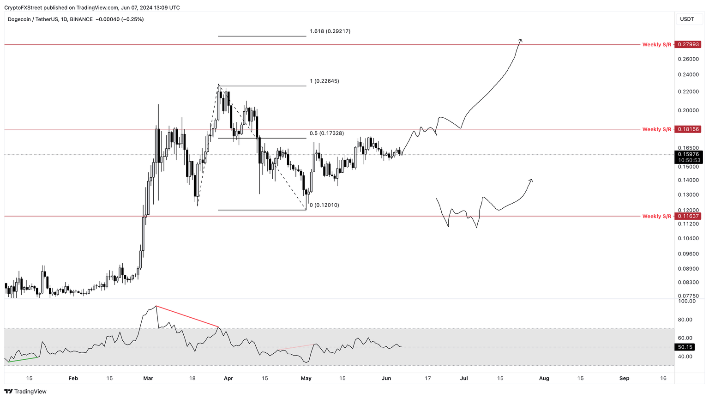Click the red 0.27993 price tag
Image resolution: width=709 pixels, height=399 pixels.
click(688, 44)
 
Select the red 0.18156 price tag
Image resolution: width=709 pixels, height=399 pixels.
click(688, 129)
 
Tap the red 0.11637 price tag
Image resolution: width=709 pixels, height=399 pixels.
click(688, 216)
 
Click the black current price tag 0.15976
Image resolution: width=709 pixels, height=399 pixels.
click(689, 154)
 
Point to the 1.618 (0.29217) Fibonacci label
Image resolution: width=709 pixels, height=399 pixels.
click(330, 31)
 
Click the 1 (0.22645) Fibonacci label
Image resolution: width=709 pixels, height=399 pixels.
click(324, 81)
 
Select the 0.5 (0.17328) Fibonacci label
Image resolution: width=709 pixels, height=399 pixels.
click(326, 133)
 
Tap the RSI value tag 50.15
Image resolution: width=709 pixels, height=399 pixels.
click(685, 347)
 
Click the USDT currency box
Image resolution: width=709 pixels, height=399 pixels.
click(687, 19)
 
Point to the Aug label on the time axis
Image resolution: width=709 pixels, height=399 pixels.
click(544, 378)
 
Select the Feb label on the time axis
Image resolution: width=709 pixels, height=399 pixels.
click(73, 378)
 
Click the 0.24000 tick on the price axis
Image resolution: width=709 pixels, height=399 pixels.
click(688, 74)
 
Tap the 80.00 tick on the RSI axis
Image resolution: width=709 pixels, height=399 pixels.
click(685, 320)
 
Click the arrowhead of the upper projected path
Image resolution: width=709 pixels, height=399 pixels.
click(521, 40)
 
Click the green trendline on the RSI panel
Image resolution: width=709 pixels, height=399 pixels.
click(23, 359)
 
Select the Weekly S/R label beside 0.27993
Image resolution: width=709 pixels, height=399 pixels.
click(657, 45)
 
